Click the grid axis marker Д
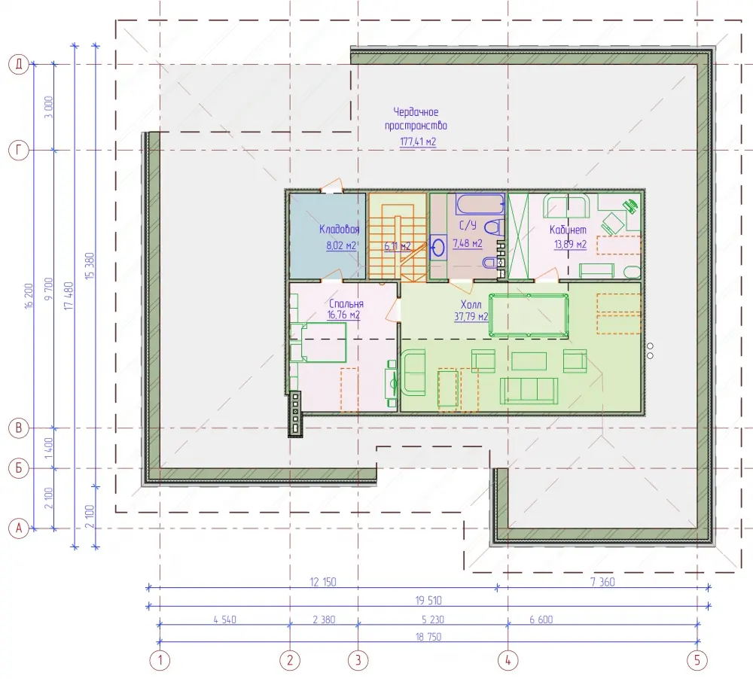[x=20, y=64]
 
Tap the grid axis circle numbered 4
[x=508, y=659]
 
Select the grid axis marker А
[x=20, y=528]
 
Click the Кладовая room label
[x=339, y=229]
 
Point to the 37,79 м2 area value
[x=471, y=316]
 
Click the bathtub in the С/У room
[x=480, y=204]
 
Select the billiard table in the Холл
[x=529, y=315]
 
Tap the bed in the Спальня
[x=318, y=343]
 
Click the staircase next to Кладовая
[x=398, y=236]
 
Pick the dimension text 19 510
[x=428, y=600]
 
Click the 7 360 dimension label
[x=602, y=582]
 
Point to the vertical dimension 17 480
[x=69, y=296]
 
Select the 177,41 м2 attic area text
[x=418, y=142]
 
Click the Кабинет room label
[x=568, y=230]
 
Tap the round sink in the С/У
[x=438, y=248]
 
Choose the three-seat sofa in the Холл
[x=529, y=391]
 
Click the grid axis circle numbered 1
[x=160, y=659]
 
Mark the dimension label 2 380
[x=324, y=620]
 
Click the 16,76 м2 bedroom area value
[x=343, y=315]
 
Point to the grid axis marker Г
[x=20, y=151]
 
